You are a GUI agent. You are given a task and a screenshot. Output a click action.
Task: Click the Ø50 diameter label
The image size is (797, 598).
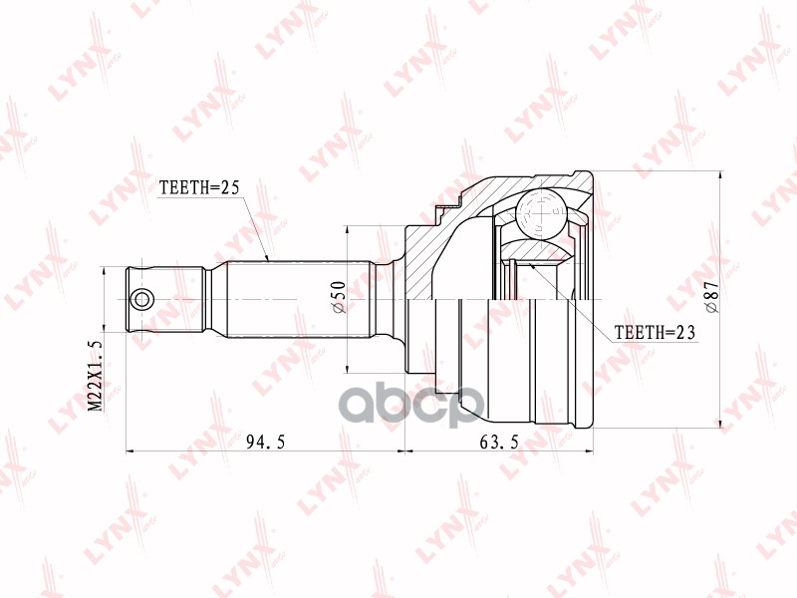[x=338, y=298]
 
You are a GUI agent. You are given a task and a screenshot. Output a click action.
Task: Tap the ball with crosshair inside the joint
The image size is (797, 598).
[x=540, y=211]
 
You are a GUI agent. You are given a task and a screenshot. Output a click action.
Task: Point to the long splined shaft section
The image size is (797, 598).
[x=299, y=298]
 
